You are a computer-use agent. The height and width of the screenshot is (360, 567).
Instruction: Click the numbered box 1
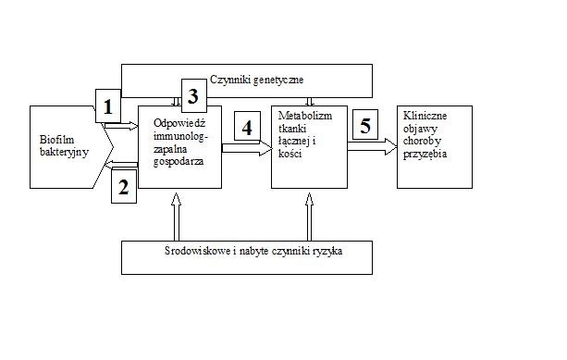click(109, 106)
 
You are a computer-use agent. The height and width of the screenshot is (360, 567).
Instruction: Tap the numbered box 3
click(192, 95)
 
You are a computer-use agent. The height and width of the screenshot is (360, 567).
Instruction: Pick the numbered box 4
click(247, 128)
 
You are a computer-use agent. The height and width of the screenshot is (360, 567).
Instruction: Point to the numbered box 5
click(365, 127)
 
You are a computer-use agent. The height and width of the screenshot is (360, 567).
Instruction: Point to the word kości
click(291, 152)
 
